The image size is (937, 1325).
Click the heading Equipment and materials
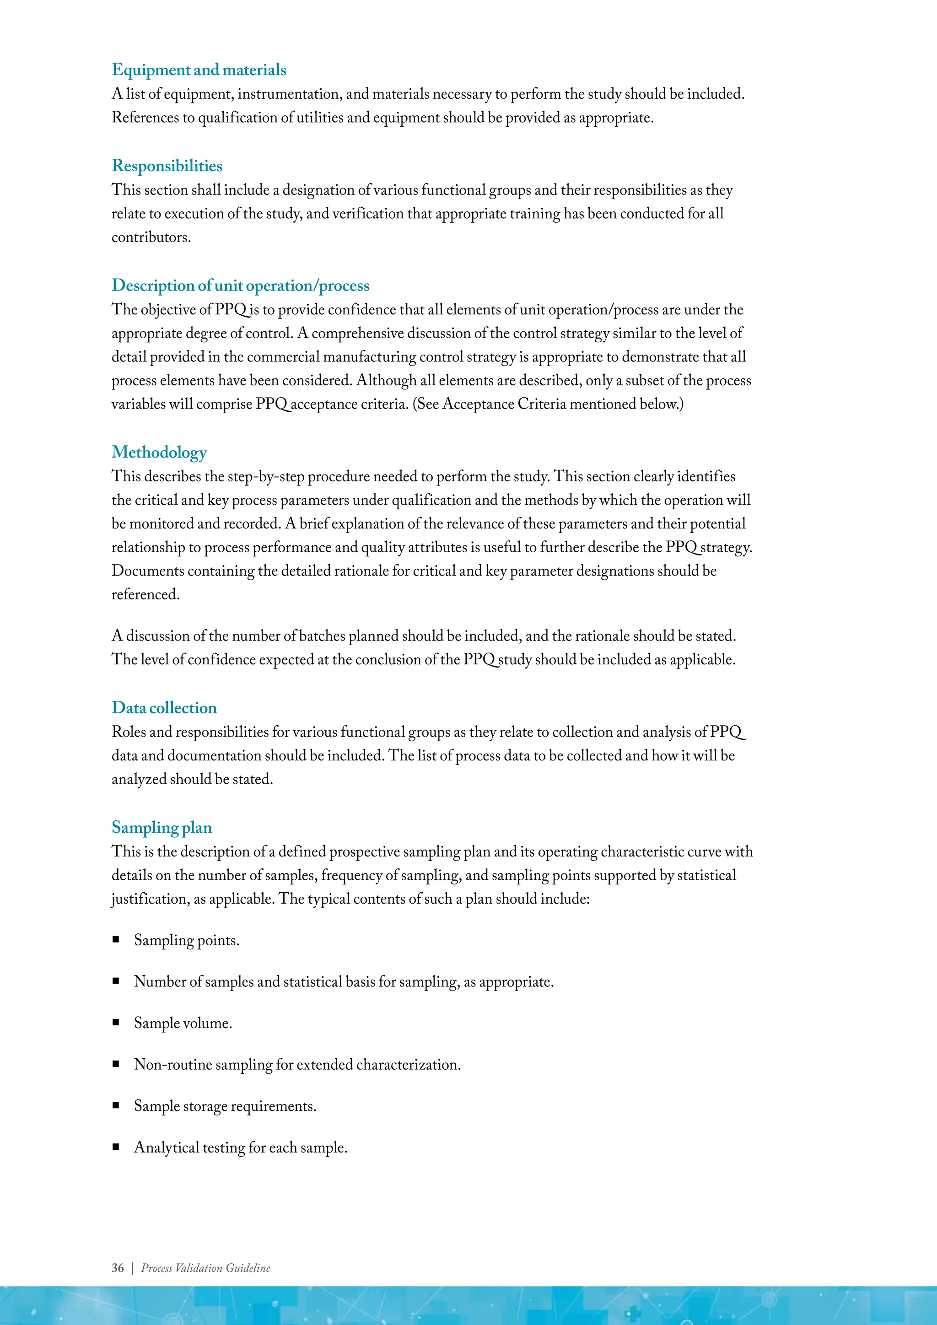click(x=199, y=70)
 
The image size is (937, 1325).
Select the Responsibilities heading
click(x=167, y=166)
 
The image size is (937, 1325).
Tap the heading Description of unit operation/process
click(x=240, y=285)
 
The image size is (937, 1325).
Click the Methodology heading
click(x=159, y=452)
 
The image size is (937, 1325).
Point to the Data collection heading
click(x=164, y=708)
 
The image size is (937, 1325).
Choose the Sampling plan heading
click(x=162, y=828)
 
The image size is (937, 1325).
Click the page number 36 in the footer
click(x=118, y=1268)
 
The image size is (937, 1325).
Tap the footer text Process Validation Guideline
click(x=205, y=1268)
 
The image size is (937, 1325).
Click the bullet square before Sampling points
click(x=116, y=939)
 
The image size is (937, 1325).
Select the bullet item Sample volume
click(x=183, y=1023)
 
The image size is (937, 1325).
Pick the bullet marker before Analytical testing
click(x=116, y=1147)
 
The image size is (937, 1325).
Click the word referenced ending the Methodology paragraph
click(x=145, y=594)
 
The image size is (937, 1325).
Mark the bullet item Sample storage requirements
click(x=225, y=1106)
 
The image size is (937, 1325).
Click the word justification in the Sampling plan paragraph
click(x=150, y=899)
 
